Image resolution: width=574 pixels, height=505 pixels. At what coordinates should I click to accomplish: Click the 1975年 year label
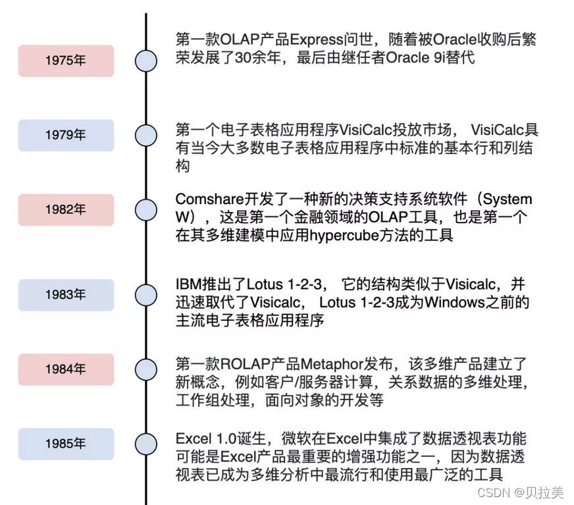click(x=66, y=61)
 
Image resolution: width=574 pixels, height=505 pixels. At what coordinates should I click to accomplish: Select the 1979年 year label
click(x=66, y=135)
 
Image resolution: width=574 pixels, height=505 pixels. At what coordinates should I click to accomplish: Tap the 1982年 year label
click(x=66, y=209)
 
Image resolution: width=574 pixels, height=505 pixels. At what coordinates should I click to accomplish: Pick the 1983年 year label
click(x=66, y=294)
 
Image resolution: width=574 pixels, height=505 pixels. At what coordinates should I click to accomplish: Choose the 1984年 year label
click(x=66, y=369)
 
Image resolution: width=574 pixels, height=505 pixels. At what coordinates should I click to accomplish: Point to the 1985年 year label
click(x=66, y=444)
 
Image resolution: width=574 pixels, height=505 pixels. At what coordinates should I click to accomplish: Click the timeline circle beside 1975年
click(x=146, y=61)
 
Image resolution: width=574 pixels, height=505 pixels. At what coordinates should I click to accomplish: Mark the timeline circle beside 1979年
click(x=146, y=135)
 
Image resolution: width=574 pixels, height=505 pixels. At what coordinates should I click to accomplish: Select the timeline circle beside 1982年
click(x=146, y=209)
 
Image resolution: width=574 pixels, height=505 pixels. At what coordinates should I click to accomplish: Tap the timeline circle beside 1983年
click(x=146, y=294)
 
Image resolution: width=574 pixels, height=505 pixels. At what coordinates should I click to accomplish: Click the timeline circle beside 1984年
click(x=146, y=369)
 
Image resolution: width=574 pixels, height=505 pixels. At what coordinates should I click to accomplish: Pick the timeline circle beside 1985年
click(x=146, y=444)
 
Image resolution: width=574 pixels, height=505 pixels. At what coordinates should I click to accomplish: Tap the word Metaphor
click(x=331, y=363)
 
